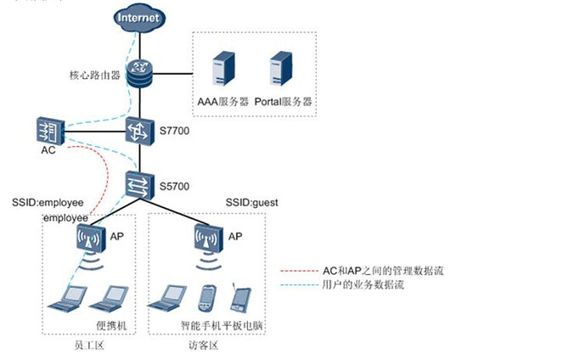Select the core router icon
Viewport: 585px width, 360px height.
tap(138, 73)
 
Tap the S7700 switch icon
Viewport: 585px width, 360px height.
tap(138, 131)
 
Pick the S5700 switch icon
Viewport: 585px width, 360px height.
tap(138, 183)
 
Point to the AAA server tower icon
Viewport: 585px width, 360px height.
tap(223, 69)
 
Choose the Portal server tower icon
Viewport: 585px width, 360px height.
tap(280, 69)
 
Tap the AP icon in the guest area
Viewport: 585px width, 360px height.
tap(204, 237)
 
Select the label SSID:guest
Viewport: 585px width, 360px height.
tap(251, 203)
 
